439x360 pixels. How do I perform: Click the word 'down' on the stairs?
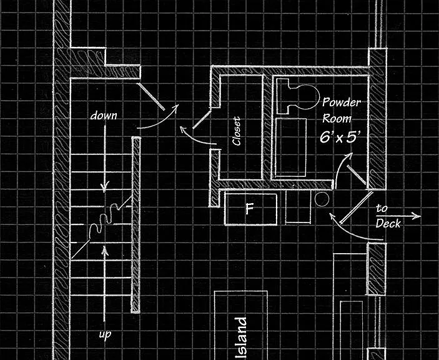[104, 116]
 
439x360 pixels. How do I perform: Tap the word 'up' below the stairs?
[105, 334]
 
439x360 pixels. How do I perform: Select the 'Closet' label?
[237, 131]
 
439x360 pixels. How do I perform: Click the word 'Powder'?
[341, 102]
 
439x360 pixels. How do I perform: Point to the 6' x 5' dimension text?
[340, 137]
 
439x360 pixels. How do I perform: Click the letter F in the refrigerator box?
[249, 208]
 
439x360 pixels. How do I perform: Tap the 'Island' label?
[240, 338]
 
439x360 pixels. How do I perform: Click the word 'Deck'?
[388, 223]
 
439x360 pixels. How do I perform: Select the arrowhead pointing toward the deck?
[417, 216]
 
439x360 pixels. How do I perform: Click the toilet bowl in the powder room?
[307, 97]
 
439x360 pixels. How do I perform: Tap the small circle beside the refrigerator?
[322, 199]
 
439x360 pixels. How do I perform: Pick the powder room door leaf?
[356, 175]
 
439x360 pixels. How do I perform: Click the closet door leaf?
[202, 119]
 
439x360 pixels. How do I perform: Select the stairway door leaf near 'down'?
[152, 96]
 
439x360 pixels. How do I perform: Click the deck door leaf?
[356, 207]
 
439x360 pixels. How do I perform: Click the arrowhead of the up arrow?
[105, 250]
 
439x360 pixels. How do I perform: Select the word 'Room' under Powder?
[337, 118]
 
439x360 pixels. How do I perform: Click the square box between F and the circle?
[298, 207]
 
